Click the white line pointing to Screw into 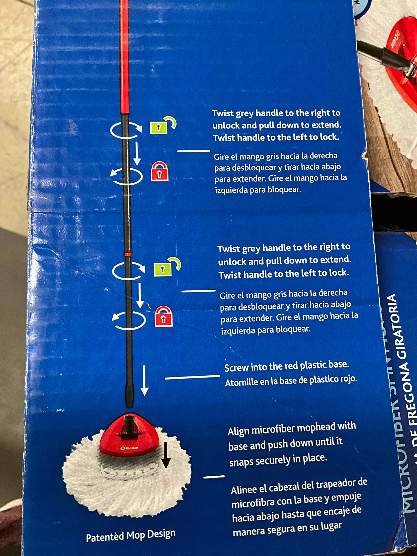[x=192, y=377]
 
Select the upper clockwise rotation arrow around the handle [x=126, y=129]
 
